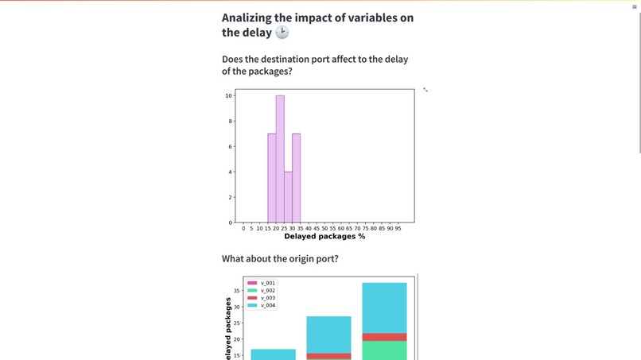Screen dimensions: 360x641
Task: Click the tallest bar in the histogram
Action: point(280,159)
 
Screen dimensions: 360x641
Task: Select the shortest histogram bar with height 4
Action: point(288,197)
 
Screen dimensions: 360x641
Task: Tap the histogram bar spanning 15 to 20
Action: point(272,178)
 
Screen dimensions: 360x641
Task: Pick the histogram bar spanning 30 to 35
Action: point(296,178)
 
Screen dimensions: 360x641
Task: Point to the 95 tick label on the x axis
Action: point(398,229)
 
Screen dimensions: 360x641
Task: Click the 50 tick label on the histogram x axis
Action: point(324,229)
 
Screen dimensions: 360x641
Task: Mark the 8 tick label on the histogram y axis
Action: point(229,122)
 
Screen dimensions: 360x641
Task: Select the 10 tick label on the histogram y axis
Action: point(228,96)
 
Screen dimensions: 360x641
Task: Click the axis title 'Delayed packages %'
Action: point(324,237)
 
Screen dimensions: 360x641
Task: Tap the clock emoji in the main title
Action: point(282,33)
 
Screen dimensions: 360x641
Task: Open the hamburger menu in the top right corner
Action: point(634,6)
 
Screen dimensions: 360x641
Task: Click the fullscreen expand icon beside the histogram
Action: point(425,90)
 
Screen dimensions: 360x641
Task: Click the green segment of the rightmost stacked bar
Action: point(384,350)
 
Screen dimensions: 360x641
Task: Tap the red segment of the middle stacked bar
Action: point(329,356)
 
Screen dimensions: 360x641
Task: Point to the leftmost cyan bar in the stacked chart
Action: point(274,354)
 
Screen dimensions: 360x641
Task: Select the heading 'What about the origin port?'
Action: point(280,259)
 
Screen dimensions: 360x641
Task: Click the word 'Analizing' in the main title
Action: point(250,17)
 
